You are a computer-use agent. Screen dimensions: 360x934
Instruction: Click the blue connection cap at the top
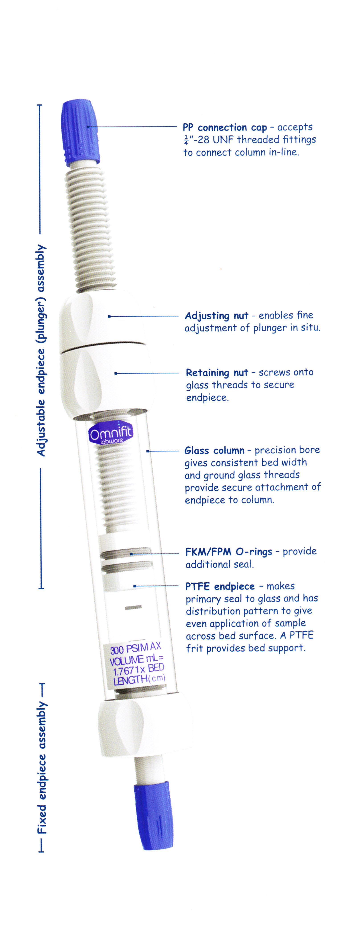point(81,132)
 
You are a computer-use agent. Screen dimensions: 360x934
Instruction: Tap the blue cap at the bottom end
point(154,815)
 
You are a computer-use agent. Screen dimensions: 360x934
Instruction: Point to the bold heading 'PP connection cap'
point(225,128)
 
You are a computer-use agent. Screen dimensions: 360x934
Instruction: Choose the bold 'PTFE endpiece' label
point(220,586)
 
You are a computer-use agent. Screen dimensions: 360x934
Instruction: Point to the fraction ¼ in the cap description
point(186,140)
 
